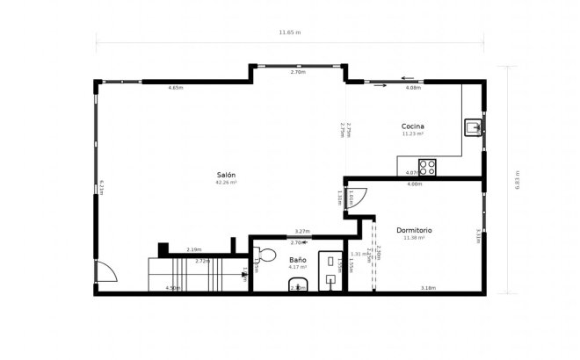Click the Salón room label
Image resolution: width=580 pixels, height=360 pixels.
[x=227, y=176]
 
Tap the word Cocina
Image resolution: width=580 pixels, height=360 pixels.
[x=413, y=126]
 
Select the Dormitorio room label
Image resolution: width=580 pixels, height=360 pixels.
[x=414, y=230]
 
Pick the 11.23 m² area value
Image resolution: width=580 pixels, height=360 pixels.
[x=413, y=134]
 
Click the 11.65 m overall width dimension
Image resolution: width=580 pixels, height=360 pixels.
[x=290, y=32]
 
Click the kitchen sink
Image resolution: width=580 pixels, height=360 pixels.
[x=473, y=128]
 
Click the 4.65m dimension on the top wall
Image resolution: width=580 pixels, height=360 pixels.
[x=176, y=88]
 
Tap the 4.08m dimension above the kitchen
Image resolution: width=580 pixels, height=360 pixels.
[x=413, y=88]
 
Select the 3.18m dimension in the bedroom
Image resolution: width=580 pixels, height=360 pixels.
[x=428, y=288]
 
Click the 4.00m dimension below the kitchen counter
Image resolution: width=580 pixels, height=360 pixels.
[x=414, y=184]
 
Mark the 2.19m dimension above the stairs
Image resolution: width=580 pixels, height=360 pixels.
[x=194, y=249]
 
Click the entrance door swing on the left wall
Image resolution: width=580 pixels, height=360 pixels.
[x=105, y=273]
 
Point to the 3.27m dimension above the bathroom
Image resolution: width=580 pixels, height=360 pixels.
[x=301, y=231]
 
